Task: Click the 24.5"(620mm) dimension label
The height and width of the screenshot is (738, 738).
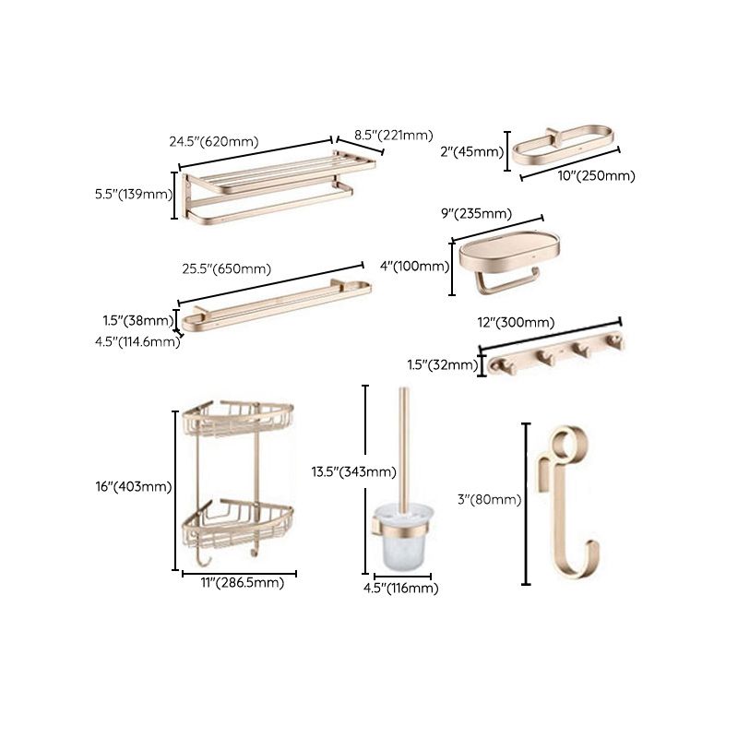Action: coord(213,142)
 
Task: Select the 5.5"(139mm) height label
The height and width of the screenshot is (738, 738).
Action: coord(134,194)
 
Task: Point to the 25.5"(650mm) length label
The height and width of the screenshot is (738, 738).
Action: coord(225,269)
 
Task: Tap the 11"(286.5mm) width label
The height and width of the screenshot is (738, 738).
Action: coord(239,583)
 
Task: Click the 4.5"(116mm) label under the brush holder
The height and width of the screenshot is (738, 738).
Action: coord(399,589)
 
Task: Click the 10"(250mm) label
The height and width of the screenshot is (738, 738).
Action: coord(597,175)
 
